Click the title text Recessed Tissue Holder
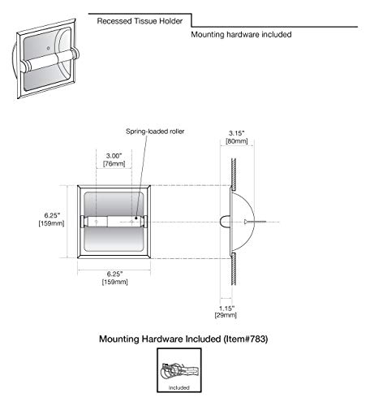pos(140,21)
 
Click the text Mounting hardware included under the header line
pos(241,35)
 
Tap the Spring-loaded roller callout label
pos(155,132)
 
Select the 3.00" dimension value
pos(114,156)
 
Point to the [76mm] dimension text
pos(114,164)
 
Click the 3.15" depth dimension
pos(237,133)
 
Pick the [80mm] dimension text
pos(237,141)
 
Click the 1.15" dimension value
pos(226,309)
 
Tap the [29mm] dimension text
pos(226,315)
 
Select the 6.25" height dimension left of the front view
pos(52,215)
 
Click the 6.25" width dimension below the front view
pos(114,274)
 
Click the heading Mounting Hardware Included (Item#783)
pos(183,339)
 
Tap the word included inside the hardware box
pos(179,387)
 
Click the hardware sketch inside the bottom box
pos(179,369)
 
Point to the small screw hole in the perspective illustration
pos(48,49)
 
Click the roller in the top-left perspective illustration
pos(49,60)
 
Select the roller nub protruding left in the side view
pos(226,222)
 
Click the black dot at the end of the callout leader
pos(136,218)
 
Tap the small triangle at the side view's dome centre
pos(246,222)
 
